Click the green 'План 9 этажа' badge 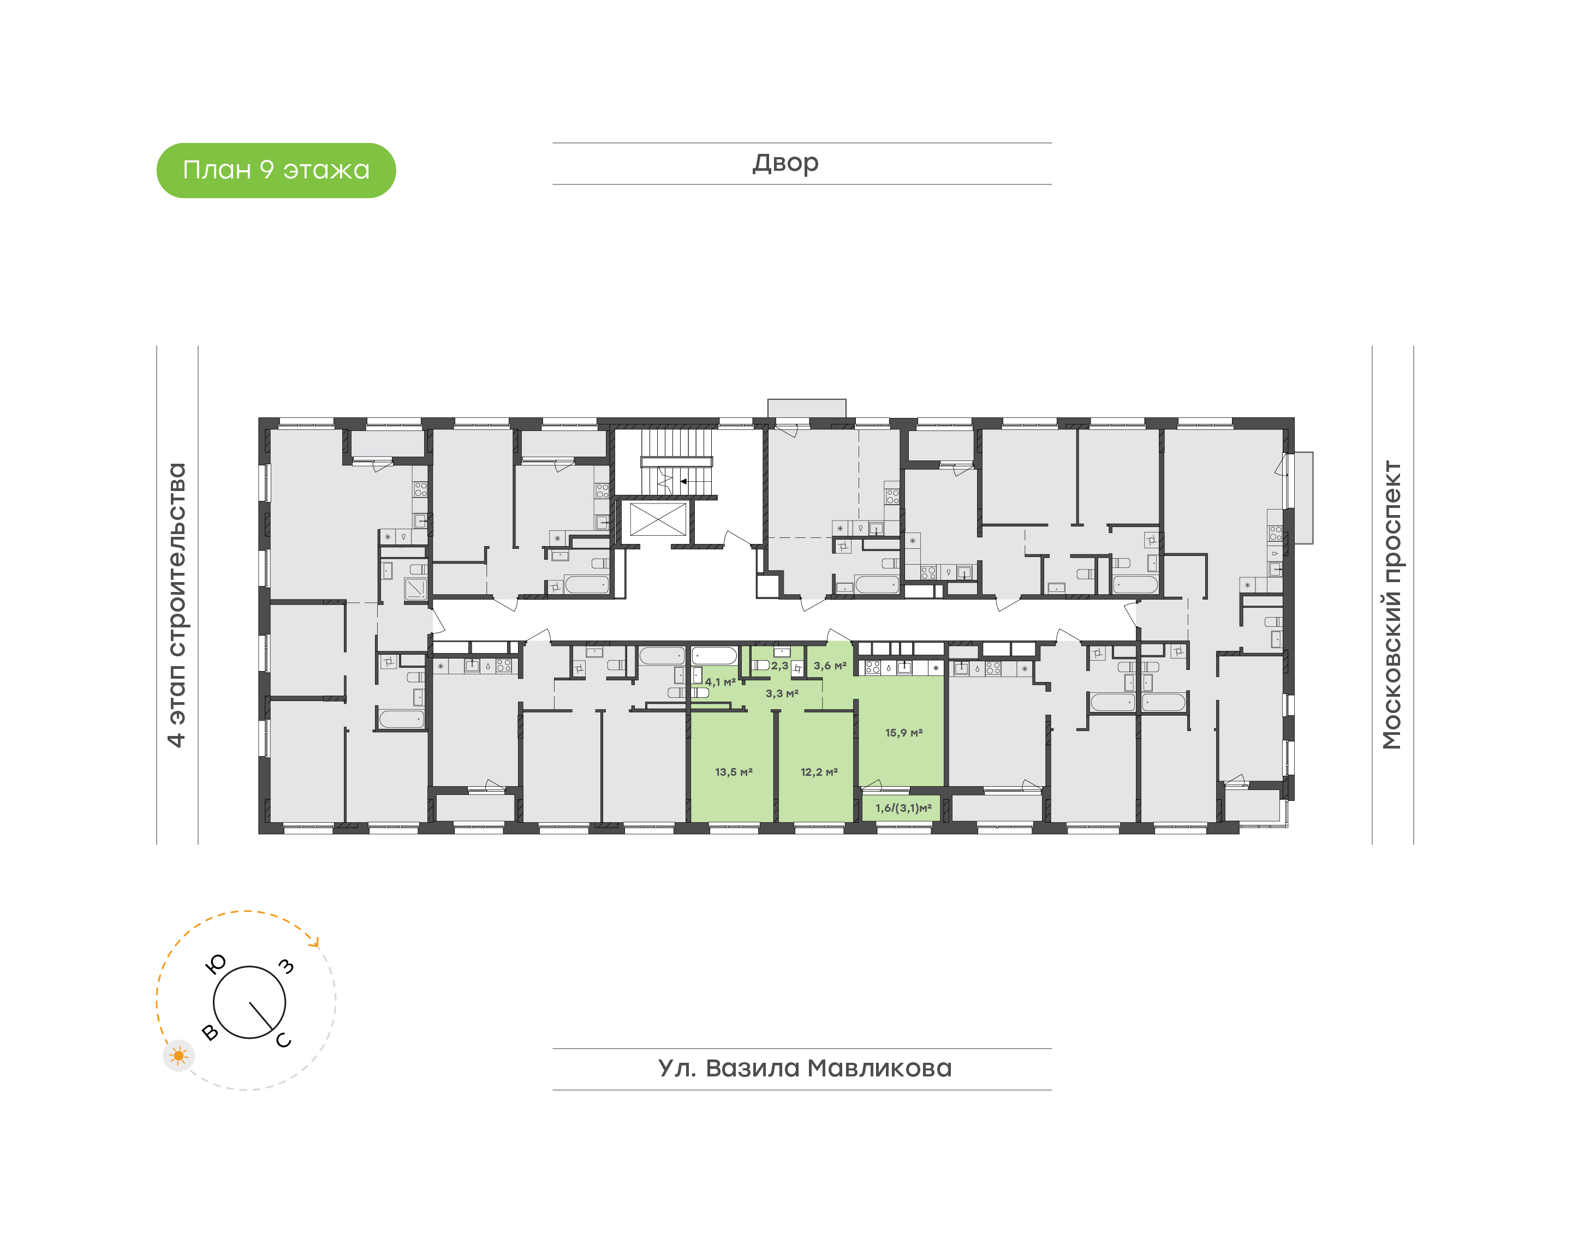tap(276, 170)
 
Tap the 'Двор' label tap(785, 163)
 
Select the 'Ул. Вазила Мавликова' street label tap(805, 1068)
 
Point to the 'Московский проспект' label tap(1391, 604)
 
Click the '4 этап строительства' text tap(176, 605)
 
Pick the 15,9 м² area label tap(904, 733)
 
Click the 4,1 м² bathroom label tap(720, 681)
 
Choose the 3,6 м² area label tap(830, 666)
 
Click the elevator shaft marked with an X tap(658, 519)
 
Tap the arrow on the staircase tap(694, 481)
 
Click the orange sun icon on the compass tap(178, 1056)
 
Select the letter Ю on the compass tap(216, 963)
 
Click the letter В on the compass tap(210, 1032)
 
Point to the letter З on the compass tap(287, 966)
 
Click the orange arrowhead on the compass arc tap(314, 941)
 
